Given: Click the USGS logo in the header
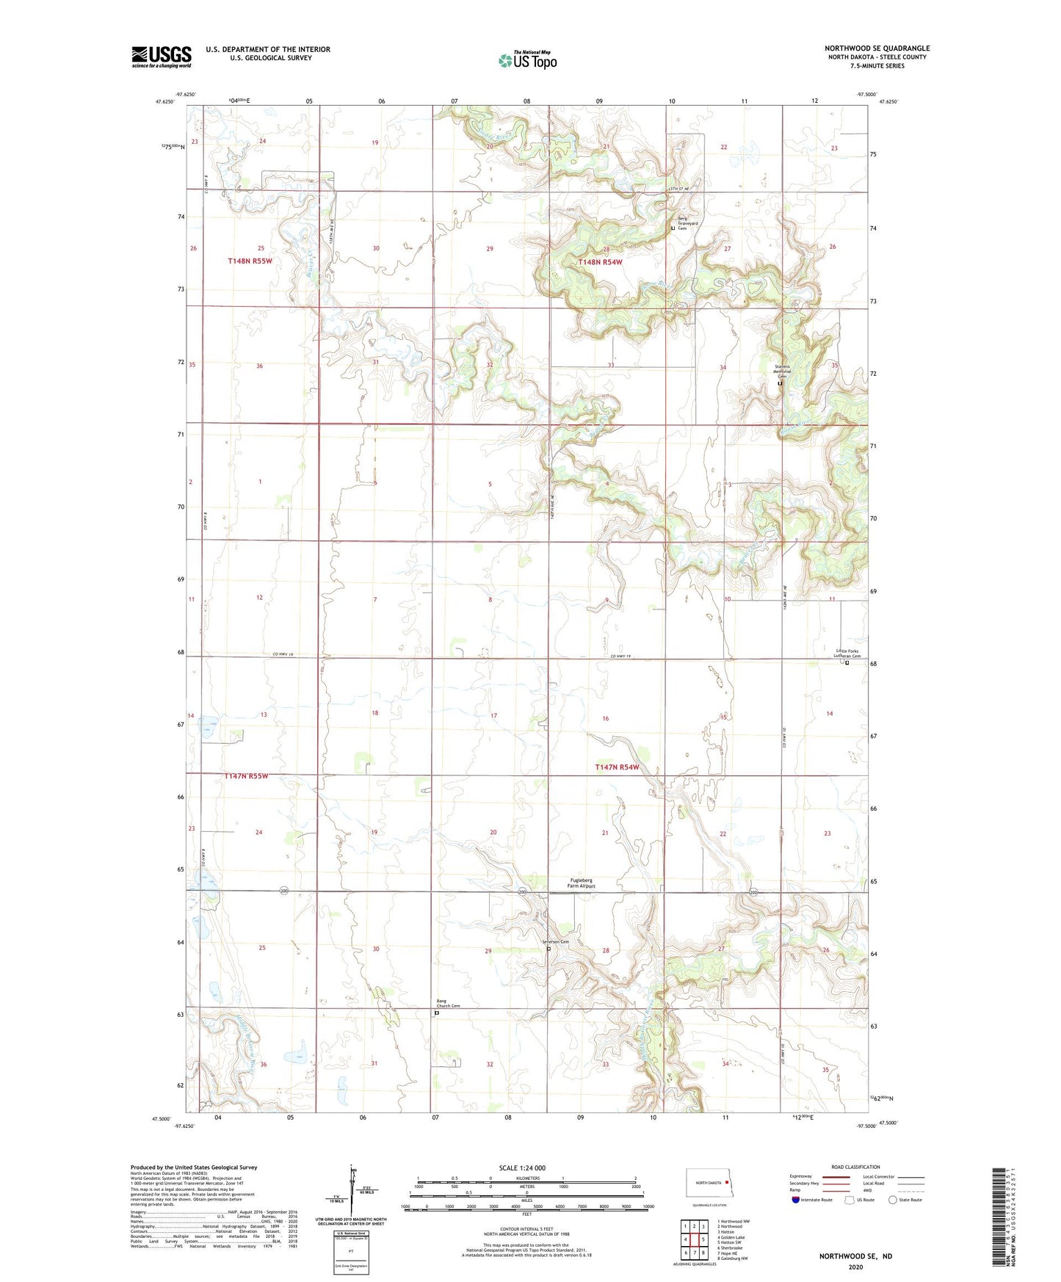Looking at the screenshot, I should point(162,57).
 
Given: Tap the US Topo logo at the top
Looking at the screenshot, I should point(527,60).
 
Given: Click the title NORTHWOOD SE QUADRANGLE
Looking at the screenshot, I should point(877,48).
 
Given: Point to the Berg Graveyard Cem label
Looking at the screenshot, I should point(686,225).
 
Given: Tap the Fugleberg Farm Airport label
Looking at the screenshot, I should point(580,883).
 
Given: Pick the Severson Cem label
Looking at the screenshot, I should point(556,942).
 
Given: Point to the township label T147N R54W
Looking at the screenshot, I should point(617,767).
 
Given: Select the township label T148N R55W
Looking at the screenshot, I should point(250,261).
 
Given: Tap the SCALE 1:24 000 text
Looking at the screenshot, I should point(522,1167).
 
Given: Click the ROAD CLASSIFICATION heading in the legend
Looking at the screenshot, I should point(855,1167).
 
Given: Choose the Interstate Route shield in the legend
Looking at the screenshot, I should point(796,1200).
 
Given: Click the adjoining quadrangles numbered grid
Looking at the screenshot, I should point(694,1239).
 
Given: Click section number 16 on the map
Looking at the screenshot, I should point(606,718).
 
